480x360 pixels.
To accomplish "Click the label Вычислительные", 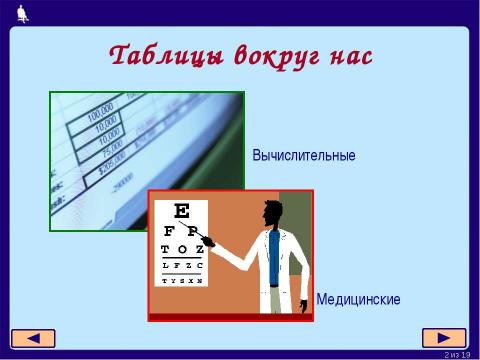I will [x=304, y=156].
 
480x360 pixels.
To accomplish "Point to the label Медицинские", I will [x=358, y=299].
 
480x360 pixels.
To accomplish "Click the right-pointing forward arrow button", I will [x=444, y=337].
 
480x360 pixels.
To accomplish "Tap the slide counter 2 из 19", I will [x=458, y=354].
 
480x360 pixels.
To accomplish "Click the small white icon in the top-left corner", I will [x=22, y=12].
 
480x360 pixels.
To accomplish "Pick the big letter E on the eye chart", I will [x=182, y=212].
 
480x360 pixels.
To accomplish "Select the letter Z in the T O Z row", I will [x=199, y=249].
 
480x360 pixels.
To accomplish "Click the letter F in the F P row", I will [x=168, y=231].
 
